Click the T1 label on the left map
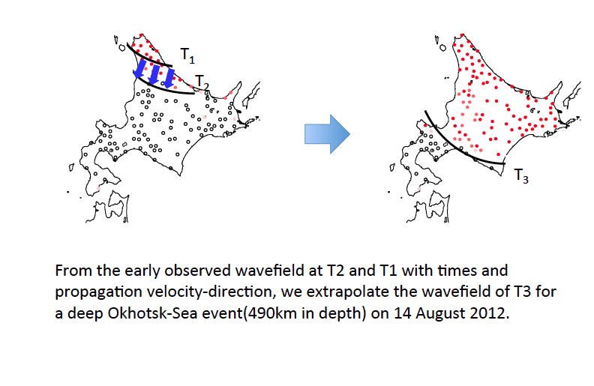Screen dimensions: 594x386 187,55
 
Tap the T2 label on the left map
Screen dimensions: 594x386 202,82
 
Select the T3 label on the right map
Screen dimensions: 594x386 521,176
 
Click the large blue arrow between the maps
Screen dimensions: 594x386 327,134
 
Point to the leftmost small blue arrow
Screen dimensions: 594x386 139,68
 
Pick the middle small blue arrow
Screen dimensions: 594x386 154,74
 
